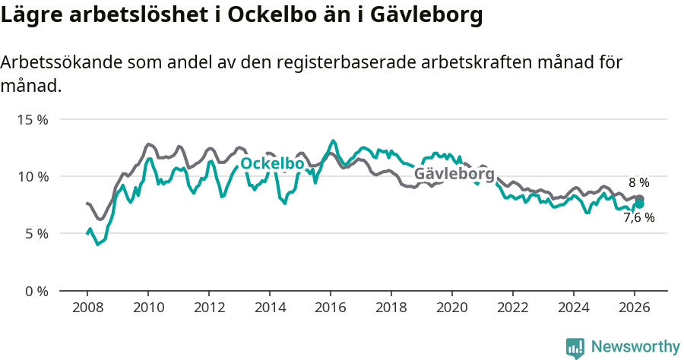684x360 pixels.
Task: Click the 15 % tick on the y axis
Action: (34, 119)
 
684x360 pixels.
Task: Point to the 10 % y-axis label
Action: (34, 176)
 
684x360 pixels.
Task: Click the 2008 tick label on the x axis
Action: (87, 308)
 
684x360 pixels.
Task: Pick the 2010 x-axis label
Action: (147, 308)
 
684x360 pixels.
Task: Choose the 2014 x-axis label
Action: (269, 308)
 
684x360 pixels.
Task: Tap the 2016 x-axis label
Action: (330, 308)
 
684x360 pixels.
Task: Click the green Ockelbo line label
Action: (272, 164)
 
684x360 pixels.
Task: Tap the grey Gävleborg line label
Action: (454, 174)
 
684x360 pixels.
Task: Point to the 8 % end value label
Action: (638, 183)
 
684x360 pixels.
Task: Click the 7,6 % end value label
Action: (638, 218)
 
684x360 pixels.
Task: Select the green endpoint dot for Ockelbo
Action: (640, 204)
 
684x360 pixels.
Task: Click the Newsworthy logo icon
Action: (575, 347)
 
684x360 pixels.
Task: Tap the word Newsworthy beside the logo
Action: (635, 347)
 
